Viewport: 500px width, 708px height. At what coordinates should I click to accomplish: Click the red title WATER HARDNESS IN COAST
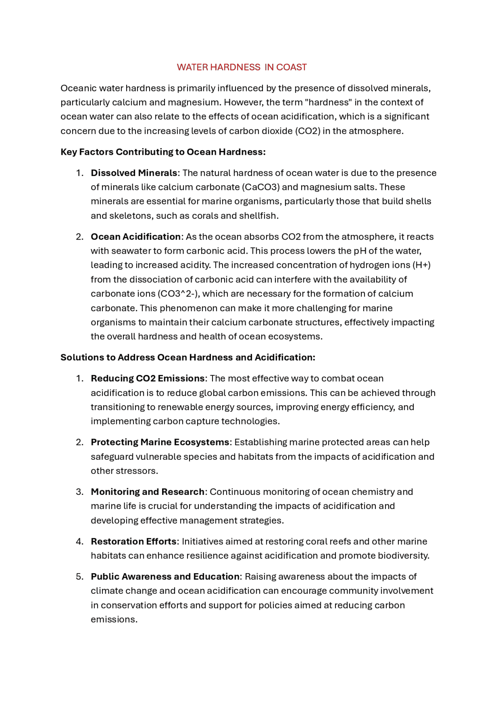(x=241, y=67)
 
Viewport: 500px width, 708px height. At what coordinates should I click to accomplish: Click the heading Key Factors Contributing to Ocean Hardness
(x=163, y=152)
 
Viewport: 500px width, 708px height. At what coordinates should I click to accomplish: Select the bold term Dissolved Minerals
(x=134, y=173)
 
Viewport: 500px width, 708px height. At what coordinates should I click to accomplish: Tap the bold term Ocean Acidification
(x=136, y=237)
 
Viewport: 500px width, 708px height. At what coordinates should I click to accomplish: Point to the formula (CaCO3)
(x=261, y=187)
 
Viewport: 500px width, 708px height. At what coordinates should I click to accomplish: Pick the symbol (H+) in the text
(x=421, y=265)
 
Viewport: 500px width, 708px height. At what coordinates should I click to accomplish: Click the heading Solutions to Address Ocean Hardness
(x=187, y=357)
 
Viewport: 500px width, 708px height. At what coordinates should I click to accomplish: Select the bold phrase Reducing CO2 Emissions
(x=148, y=378)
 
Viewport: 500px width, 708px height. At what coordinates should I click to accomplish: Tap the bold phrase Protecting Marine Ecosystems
(x=160, y=442)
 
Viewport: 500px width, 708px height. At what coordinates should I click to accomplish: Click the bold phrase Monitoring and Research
(x=148, y=492)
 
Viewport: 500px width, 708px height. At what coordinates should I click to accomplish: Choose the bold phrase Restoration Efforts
(x=134, y=541)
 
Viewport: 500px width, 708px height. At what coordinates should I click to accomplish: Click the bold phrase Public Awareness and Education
(x=165, y=577)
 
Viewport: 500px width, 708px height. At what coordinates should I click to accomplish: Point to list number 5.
(x=79, y=577)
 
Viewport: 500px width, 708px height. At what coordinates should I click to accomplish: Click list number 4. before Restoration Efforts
(x=79, y=541)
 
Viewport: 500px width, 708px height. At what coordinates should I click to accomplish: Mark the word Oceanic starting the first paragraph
(x=78, y=88)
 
